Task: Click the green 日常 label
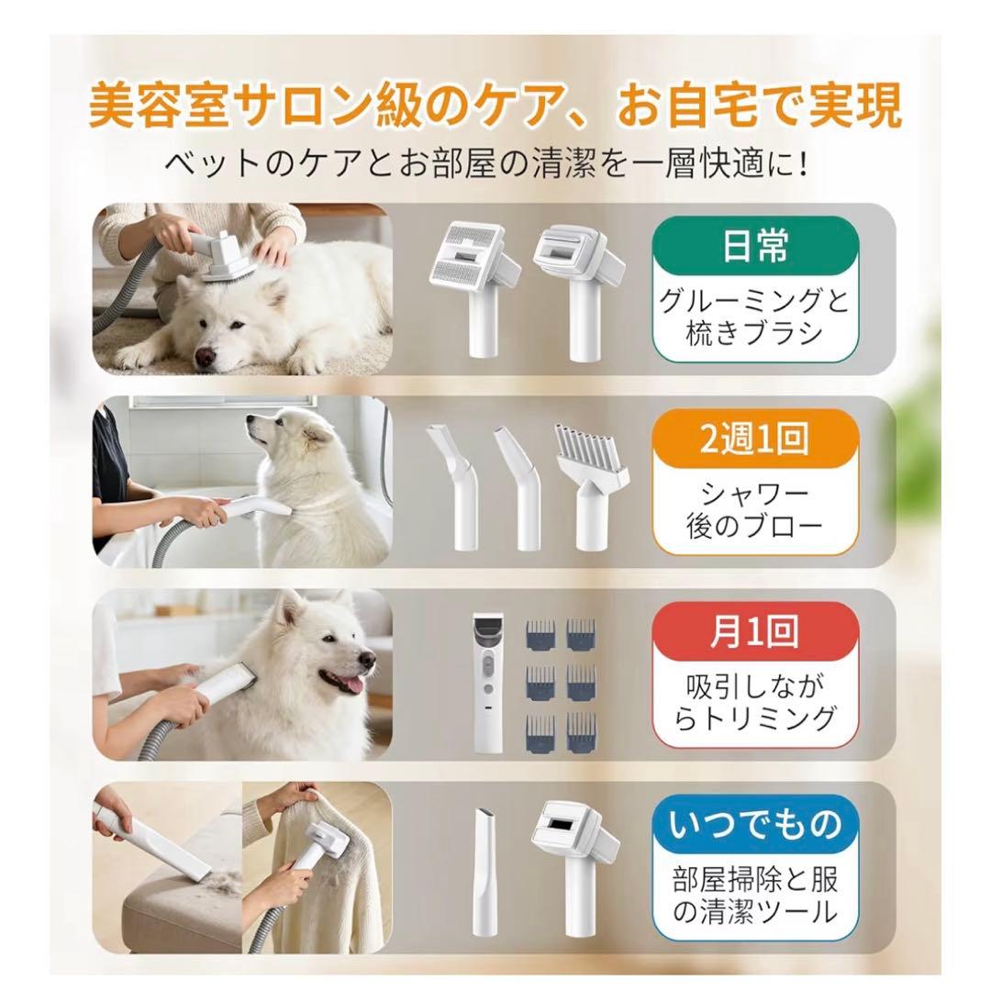click(754, 247)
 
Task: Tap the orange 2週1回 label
click(754, 439)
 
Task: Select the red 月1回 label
click(754, 633)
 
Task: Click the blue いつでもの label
click(754, 824)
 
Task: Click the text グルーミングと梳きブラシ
click(754, 317)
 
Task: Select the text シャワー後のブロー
click(754, 511)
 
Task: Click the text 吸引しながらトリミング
click(754, 702)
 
